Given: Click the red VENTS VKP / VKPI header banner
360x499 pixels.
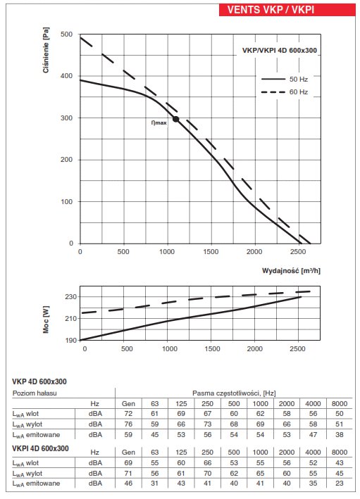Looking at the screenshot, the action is tap(287, 10).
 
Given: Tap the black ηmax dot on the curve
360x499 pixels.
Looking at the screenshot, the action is tap(176, 119).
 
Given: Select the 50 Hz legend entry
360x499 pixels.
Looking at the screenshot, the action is tap(285, 80).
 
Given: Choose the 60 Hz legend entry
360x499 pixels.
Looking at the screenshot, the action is tap(285, 92).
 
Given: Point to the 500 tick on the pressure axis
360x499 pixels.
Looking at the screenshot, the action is tap(67, 34).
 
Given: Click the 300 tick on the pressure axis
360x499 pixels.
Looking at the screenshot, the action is tap(67, 118).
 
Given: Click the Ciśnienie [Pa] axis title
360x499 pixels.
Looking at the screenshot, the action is tap(46, 50).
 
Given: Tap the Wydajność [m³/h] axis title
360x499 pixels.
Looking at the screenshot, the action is tap(291, 271).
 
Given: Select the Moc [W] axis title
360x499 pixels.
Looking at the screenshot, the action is tap(46, 320).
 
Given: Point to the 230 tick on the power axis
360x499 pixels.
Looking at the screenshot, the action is tap(71, 296).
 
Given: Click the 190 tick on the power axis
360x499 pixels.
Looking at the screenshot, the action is tap(71, 340).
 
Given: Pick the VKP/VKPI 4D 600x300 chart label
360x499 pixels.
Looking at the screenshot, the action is tap(280, 50).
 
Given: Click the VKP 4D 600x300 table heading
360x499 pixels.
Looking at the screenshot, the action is tap(39, 381).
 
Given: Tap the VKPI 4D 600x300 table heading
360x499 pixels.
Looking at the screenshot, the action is tap(40, 448).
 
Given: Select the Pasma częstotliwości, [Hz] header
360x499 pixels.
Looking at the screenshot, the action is tap(234, 393).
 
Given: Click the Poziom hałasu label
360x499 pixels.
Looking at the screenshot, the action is tap(35, 393).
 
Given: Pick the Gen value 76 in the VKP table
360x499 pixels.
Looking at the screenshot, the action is tap(128, 424).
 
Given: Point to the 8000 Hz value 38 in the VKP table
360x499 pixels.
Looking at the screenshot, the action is tap(340, 435).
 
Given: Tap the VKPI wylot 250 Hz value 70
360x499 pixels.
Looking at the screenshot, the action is tap(207, 473).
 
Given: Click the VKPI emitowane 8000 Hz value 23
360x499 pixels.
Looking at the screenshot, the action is tap(340, 484).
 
